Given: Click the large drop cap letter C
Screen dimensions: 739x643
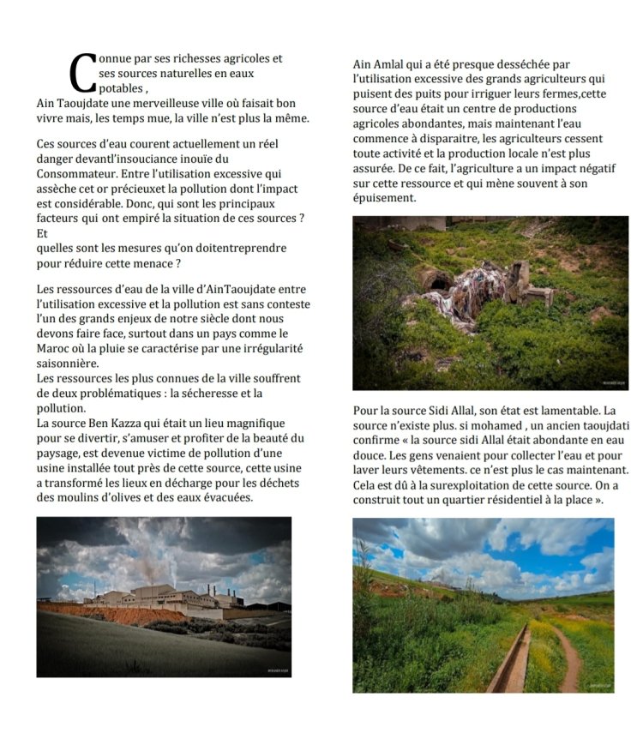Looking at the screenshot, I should [81, 73].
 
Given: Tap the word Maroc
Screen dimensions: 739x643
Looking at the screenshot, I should [55, 348].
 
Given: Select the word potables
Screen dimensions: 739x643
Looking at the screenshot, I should [121, 88].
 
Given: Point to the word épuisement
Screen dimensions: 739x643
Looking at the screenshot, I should [384, 197].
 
